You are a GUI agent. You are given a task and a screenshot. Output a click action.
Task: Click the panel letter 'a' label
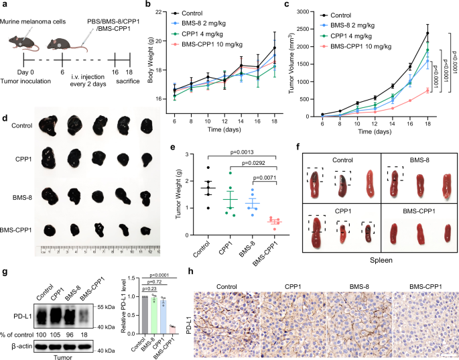click(x=5, y=6)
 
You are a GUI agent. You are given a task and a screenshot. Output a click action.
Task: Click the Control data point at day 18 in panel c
click(x=427, y=33)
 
